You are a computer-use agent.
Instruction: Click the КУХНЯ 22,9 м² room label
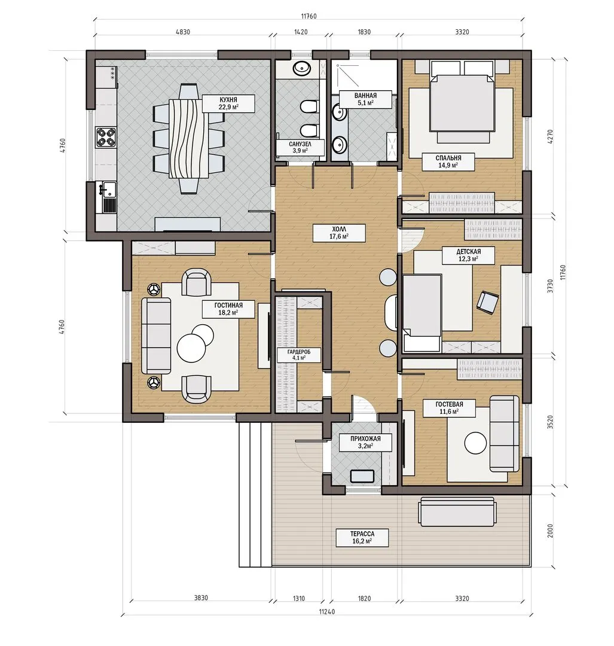click(x=228, y=103)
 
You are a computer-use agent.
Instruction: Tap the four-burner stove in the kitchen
click(x=105, y=138)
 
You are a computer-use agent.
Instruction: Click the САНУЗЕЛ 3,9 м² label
click(x=300, y=147)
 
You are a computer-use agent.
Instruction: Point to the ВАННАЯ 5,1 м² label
click(x=365, y=99)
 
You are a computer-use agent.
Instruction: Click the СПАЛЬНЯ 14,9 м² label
click(x=448, y=161)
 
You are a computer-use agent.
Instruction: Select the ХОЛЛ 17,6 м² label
click(x=339, y=233)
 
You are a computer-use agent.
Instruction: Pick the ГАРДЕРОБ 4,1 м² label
click(x=298, y=355)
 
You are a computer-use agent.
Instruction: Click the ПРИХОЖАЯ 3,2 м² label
click(x=365, y=442)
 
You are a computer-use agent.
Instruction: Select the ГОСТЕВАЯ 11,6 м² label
click(x=449, y=408)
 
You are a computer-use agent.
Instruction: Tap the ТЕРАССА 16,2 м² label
click(x=362, y=538)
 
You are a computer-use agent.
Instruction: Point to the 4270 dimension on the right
click(x=550, y=137)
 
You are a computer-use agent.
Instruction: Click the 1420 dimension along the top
click(x=301, y=32)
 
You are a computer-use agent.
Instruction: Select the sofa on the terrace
click(x=456, y=511)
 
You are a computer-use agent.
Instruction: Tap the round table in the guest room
click(x=476, y=443)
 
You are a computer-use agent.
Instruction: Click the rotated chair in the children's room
click(x=487, y=303)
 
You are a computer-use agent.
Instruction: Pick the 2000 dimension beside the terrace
click(x=550, y=531)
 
